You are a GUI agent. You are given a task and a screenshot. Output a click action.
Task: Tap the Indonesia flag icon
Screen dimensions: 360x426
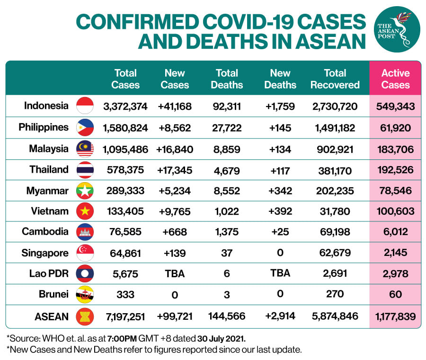85,106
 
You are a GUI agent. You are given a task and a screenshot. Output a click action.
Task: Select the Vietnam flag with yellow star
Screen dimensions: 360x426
85,211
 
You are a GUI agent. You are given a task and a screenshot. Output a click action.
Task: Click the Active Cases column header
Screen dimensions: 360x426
395,79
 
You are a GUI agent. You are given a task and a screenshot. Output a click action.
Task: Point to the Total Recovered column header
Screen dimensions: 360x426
335,79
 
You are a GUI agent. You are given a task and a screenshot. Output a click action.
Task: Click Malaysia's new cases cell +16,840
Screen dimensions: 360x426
175,149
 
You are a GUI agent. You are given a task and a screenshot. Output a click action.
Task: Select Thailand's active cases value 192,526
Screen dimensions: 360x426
395,170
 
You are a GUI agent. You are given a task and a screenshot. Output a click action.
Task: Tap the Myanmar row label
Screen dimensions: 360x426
47,191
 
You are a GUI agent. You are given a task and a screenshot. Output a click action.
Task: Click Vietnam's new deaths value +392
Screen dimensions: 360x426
280,211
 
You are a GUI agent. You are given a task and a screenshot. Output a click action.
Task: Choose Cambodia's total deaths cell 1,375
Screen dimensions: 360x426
227,232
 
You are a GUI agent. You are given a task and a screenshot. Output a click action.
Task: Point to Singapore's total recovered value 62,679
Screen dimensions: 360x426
335,253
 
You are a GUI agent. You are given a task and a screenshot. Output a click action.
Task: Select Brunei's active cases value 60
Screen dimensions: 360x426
395,294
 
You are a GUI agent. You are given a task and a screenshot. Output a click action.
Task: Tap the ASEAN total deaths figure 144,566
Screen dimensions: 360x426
227,316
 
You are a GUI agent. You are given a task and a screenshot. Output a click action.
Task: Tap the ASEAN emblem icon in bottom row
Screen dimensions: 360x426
85,316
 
